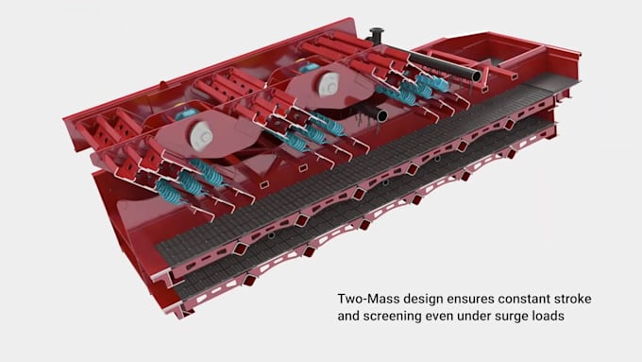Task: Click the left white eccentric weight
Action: [x=199, y=135]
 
